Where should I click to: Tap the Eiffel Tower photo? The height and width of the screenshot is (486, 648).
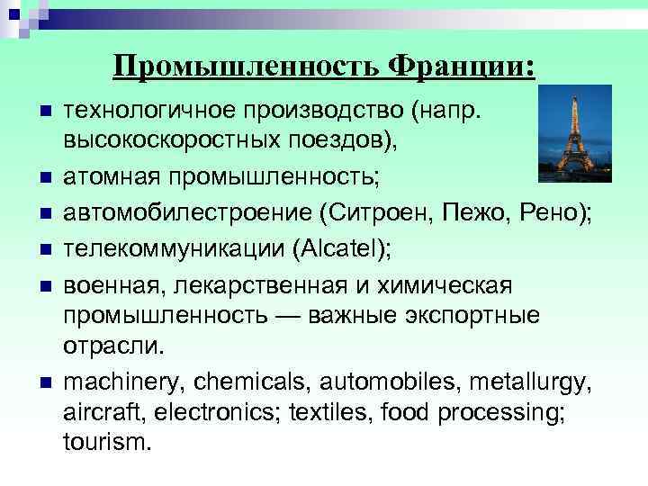pyautogui.click(x=574, y=134)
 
